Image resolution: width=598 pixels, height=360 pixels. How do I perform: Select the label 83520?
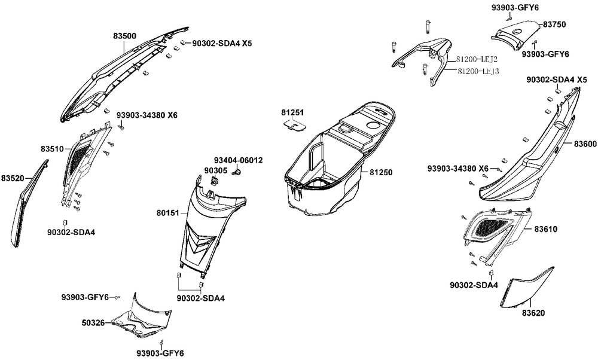point(12,178)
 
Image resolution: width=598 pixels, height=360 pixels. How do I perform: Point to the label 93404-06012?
point(238,160)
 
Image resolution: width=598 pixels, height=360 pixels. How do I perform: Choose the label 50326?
point(93,323)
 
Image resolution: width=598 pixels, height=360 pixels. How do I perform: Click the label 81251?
point(292,112)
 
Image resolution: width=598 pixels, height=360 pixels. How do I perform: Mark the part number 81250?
point(381,172)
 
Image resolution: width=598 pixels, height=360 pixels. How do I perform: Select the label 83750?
point(555,25)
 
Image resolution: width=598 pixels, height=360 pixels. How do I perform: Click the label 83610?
point(545,229)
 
